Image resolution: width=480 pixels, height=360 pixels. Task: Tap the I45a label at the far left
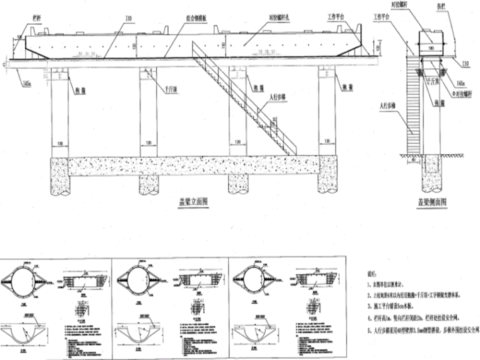(27, 81)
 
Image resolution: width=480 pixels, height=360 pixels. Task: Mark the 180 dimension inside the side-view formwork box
(430, 47)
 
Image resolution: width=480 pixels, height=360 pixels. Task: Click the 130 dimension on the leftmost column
(59, 143)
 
